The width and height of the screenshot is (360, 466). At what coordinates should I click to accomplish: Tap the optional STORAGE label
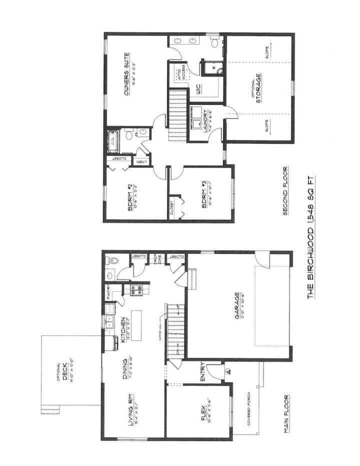click(258, 88)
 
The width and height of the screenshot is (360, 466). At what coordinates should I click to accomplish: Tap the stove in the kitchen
click(135, 290)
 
